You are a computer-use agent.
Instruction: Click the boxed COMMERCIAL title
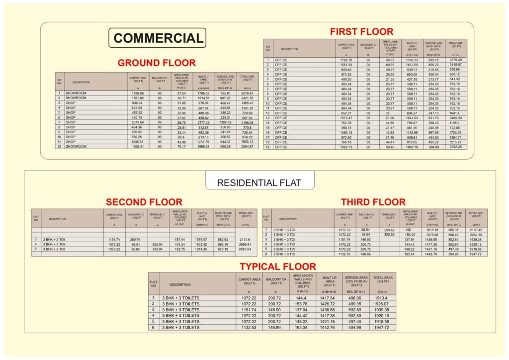tap(158, 38)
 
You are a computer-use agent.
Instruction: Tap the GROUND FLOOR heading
tap(157, 63)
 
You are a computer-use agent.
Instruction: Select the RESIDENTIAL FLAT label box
tap(259, 182)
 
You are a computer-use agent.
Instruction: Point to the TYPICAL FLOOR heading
tap(277, 267)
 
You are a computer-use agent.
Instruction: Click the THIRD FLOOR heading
tap(373, 202)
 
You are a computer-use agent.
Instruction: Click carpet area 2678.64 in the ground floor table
tap(136, 122)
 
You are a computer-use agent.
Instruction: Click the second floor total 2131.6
tap(245, 239)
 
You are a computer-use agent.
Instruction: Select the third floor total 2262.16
tap(476, 235)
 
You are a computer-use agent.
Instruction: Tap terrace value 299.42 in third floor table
tap(389, 230)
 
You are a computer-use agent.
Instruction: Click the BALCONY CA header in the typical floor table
tap(274, 280)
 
